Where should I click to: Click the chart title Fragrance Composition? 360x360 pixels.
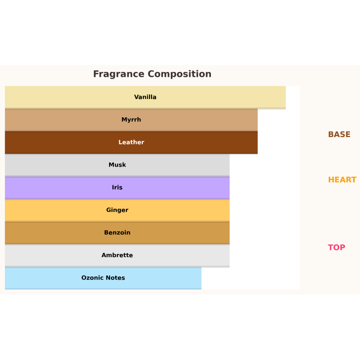coord(152,74)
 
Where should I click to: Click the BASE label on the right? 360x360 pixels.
coord(339,135)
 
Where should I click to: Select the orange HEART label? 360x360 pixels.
coord(342,180)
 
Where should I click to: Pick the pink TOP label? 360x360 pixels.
coord(336,248)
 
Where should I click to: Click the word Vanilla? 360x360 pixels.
coord(145,97)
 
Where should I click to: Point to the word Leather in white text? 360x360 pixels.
coord(131,142)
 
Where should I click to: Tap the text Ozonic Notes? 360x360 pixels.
coord(103,278)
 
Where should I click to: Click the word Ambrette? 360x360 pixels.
coord(117,255)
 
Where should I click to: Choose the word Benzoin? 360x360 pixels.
coord(117,233)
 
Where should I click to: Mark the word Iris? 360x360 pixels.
coord(117,188)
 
